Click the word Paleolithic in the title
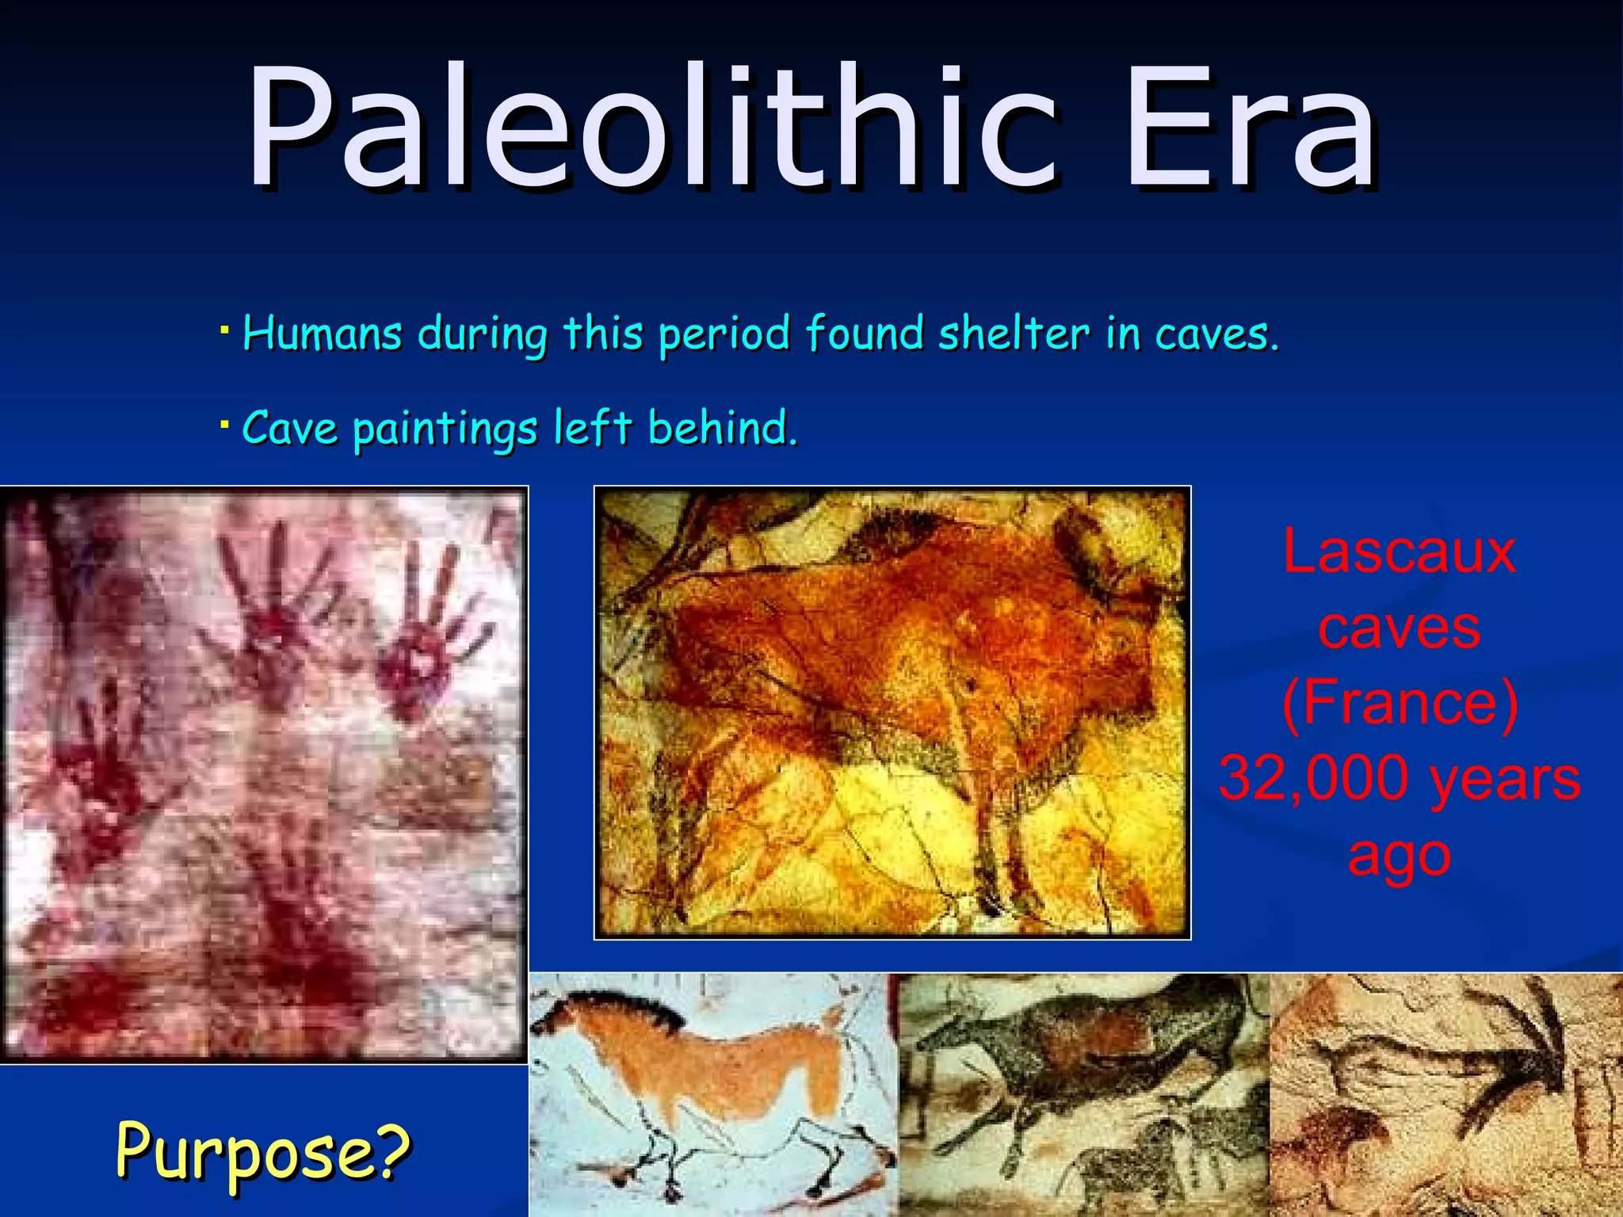[650, 131]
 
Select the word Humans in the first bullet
[322, 333]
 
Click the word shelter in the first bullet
[1014, 333]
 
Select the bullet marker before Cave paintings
[225, 423]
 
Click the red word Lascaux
[1399, 551]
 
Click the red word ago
[1399, 854]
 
